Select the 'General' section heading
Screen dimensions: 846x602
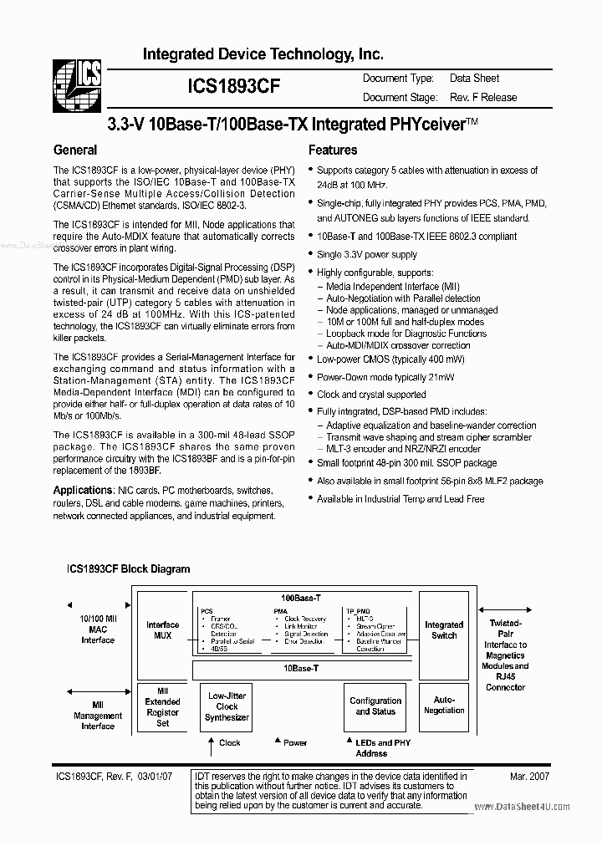[x=75, y=150]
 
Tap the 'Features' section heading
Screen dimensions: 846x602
[x=333, y=150]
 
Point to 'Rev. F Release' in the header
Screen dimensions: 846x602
[x=483, y=97]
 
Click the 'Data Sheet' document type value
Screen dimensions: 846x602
[x=474, y=78]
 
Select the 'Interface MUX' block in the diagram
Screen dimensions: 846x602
[x=163, y=629]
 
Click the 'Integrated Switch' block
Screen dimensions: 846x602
[x=444, y=629]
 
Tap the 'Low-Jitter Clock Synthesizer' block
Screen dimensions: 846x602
[x=227, y=706]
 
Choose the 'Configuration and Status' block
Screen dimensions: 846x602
[x=375, y=706]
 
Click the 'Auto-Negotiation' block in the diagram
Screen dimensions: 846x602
[x=444, y=705]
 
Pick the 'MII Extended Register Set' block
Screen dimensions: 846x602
[x=163, y=706]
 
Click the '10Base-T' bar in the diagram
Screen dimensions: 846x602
[x=301, y=669]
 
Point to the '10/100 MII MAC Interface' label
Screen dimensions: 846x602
[x=98, y=629]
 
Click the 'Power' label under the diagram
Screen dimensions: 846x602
[x=295, y=742]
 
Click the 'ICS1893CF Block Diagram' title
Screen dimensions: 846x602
[x=128, y=568]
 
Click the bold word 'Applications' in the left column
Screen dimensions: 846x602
[x=83, y=490]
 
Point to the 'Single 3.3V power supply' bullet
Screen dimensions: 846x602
[x=366, y=254]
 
